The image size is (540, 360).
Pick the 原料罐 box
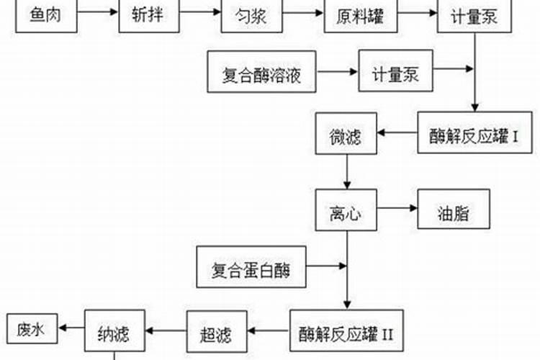(x=359, y=15)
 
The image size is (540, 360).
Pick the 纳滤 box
(x=114, y=330)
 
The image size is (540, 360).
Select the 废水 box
(x=32, y=328)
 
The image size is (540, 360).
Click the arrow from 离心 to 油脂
(x=398, y=210)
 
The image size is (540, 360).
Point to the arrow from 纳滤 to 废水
(x=73, y=328)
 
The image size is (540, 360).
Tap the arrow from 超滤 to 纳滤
(x=166, y=330)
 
